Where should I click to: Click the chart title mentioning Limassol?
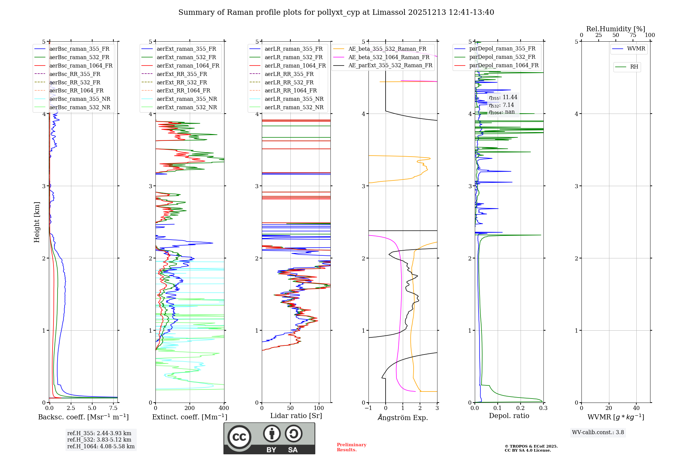336,12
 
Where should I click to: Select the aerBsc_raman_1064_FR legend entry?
81,66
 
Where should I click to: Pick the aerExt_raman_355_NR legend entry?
187,99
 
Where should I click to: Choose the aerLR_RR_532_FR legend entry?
289,82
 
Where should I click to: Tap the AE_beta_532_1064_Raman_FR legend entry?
389,57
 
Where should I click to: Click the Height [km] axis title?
37,222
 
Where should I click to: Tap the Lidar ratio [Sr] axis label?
296,416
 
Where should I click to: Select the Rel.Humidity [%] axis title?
615,29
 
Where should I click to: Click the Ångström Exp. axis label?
403,417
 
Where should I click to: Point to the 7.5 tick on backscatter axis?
113,408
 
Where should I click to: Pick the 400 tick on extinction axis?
224,408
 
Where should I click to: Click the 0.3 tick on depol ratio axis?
543,408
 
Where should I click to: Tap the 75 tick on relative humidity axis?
633,35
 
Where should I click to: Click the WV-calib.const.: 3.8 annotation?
598,432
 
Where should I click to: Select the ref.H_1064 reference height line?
101,446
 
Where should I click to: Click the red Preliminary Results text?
351,447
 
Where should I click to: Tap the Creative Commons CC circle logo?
239,437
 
